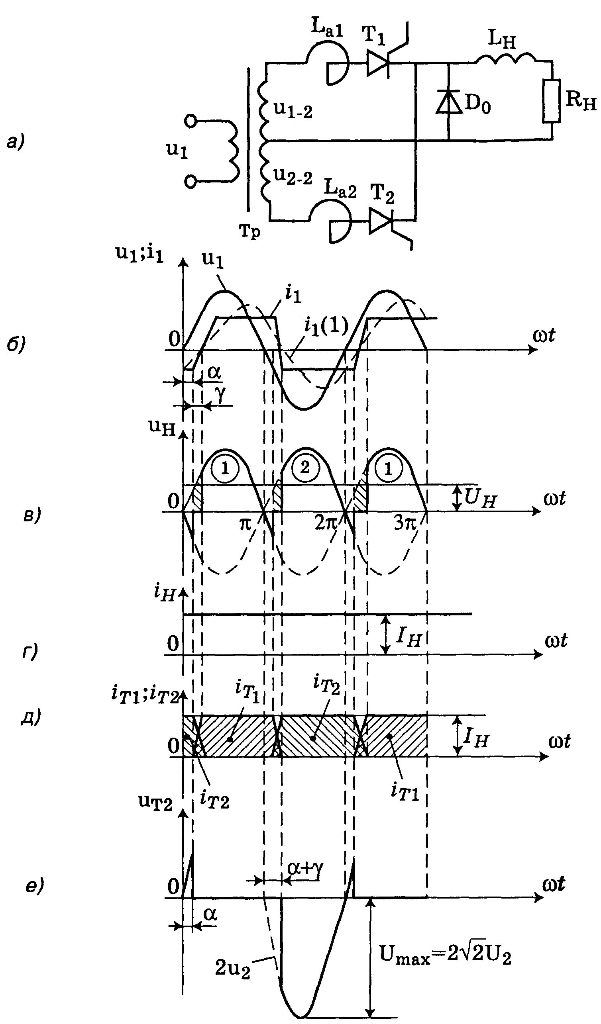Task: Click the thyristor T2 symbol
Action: click(x=380, y=221)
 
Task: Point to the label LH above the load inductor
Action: click(x=502, y=40)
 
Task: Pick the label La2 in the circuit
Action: click(x=340, y=189)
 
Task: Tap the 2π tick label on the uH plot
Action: click(x=326, y=523)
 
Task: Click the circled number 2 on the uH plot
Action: click(x=304, y=468)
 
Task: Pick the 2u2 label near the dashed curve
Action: click(x=232, y=968)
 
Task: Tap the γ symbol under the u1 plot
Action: click(x=220, y=394)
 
